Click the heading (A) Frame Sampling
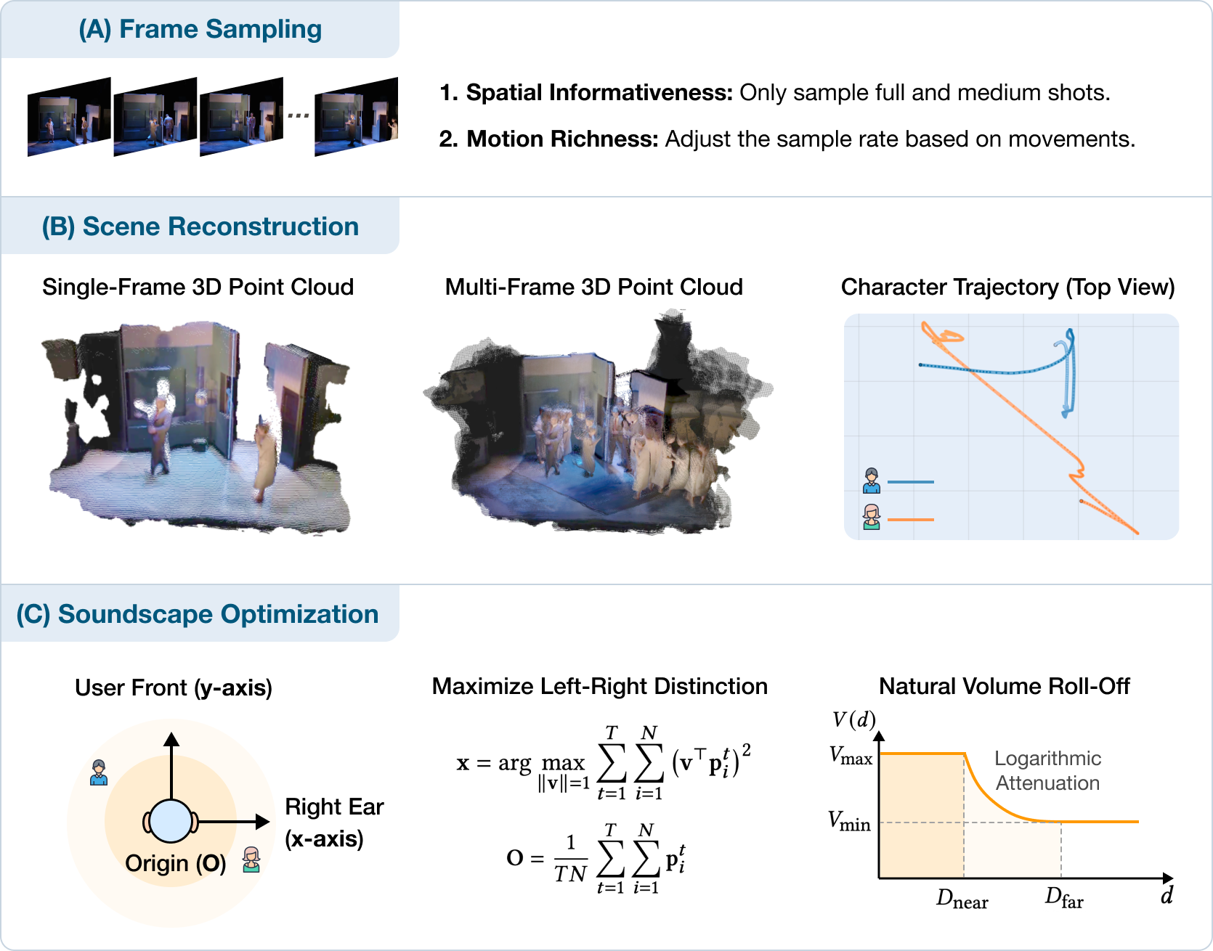pyautogui.click(x=200, y=30)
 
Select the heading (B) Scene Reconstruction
pyautogui.click(x=200, y=226)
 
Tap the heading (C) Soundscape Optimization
pyautogui.click(x=197, y=614)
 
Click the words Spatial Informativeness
pyautogui.click(x=599, y=93)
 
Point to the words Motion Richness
pyautogui.click(x=561, y=139)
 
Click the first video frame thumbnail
pyautogui.click(x=69, y=116)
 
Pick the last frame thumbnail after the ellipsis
pyautogui.click(x=356, y=116)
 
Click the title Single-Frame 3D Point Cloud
pyautogui.click(x=198, y=287)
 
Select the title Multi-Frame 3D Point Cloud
pyautogui.click(x=593, y=287)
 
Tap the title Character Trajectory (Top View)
pyautogui.click(x=1007, y=287)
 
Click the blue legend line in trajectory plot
pyautogui.click(x=910, y=482)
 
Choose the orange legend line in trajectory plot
pyautogui.click(x=910, y=520)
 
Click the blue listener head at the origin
pyautogui.click(x=171, y=822)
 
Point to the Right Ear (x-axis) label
pyautogui.click(x=333, y=823)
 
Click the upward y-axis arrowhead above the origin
pyautogui.click(x=171, y=740)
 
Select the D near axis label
pyautogui.click(x=962, y=899)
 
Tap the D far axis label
pyautogui.click(x=1064, y=899)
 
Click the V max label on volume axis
pyautogui.click(x=851, y=756)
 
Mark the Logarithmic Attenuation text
pyautogui.click(x=1047, y=771)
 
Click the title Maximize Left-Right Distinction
pyautogui.click(x=599, y=687)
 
